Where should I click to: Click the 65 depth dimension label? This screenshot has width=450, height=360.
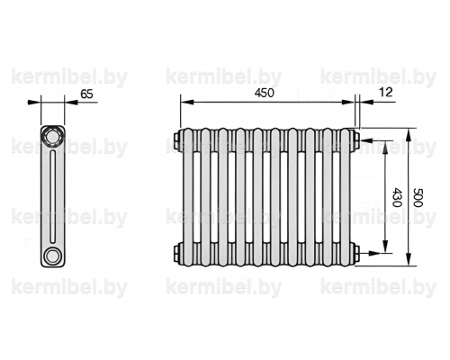point(86,94)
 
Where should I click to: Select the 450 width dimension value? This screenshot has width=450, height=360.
point(265,93)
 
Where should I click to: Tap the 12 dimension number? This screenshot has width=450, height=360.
point(386,93)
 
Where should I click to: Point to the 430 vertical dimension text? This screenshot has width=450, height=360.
point(397,197)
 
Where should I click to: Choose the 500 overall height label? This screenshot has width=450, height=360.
point(418,197)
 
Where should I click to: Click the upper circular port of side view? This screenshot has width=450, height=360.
point(52,137)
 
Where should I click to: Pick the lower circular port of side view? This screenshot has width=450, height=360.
point(52,256)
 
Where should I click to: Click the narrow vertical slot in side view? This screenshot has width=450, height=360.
point(53,196)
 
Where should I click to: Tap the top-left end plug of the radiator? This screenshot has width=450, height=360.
point(177,139)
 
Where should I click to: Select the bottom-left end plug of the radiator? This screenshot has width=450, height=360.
point(177,254)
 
